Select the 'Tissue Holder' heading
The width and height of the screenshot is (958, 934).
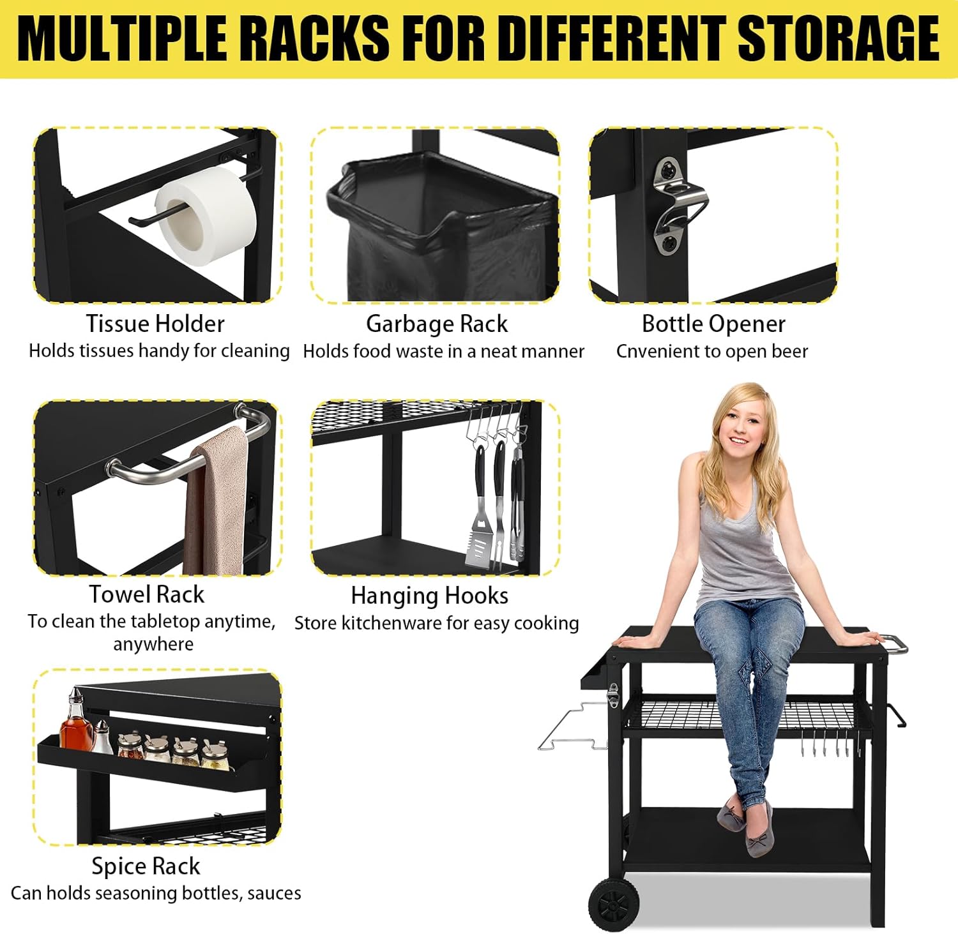(x=155, y=324)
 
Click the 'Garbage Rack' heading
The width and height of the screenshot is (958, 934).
(x=437, y=324)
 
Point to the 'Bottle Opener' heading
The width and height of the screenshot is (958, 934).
(x=713, y=324)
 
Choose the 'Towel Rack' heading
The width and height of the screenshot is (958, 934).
(x=147, y=594)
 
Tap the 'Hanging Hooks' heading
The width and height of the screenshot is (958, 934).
(x=430, y=596)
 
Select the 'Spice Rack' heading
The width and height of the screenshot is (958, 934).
(x=146, y=866)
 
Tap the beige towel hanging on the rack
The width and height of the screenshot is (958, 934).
(x=216, y=502)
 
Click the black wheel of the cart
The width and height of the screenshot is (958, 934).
(x=614, y=904)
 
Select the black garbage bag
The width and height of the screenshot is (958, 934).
(x=441, y=230)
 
